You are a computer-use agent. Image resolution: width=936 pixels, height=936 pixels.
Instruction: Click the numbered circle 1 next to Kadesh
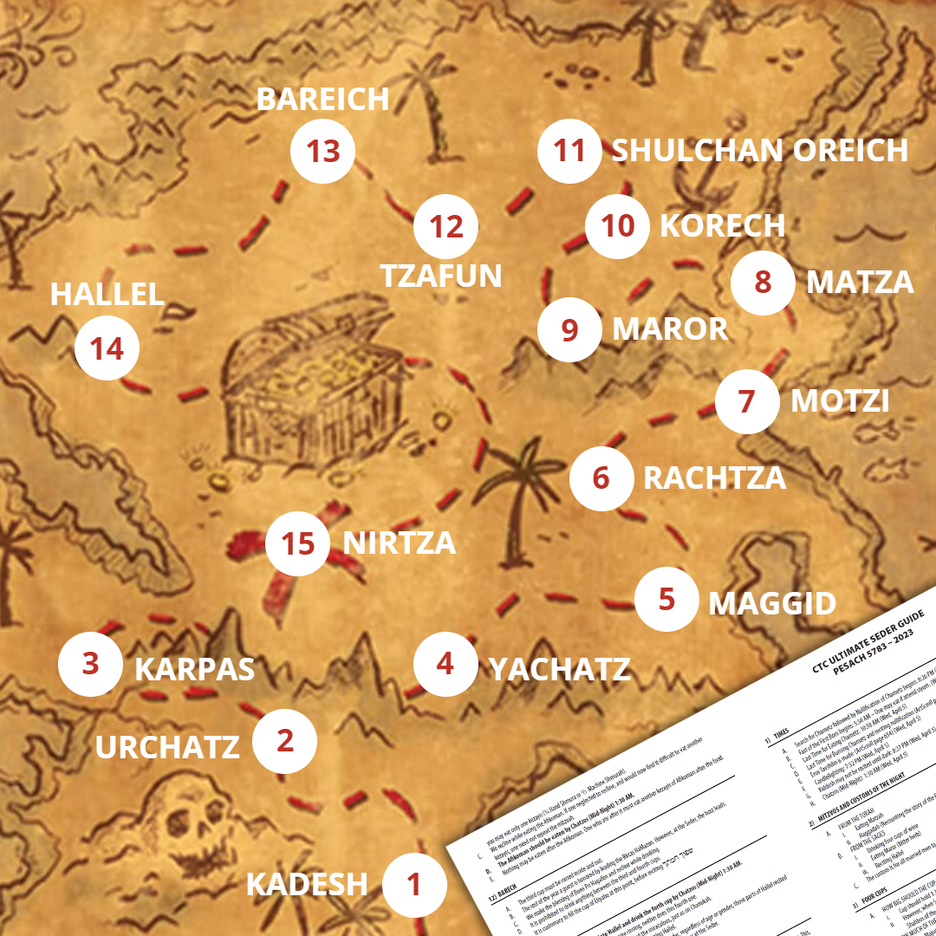(414, 884)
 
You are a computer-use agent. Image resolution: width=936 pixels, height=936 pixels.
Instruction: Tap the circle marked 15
(298, 543)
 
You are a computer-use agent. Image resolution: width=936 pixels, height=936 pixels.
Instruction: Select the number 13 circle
(322, 152)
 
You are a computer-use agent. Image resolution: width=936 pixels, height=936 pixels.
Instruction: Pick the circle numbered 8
(763, 282)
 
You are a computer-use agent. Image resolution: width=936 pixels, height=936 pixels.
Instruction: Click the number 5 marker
(666, 600)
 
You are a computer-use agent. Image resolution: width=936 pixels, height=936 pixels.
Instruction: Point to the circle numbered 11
(569, 151)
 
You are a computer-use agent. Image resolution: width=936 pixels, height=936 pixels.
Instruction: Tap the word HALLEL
(107, 294)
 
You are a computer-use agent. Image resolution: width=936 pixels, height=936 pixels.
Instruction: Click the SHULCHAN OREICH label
(759, 150)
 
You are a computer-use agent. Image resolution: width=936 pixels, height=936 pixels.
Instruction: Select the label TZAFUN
(441, 276)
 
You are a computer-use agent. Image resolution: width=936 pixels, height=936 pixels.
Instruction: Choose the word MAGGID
(772, 604)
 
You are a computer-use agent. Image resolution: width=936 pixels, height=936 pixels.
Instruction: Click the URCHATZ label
(167, 746)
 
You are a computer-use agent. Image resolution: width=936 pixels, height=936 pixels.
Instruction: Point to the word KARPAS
(194, 669)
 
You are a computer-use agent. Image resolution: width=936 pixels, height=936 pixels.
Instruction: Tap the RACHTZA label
(714, 478)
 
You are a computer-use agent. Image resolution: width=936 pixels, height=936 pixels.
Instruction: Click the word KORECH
(722, 225)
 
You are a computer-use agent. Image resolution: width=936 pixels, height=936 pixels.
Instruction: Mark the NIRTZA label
(399, 543)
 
